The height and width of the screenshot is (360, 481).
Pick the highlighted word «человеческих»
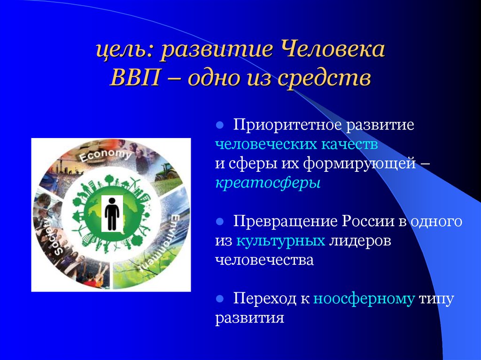tap(264, 145)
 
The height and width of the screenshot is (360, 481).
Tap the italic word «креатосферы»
tap(268, 183)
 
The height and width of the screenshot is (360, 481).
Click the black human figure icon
tap(112, 214)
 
